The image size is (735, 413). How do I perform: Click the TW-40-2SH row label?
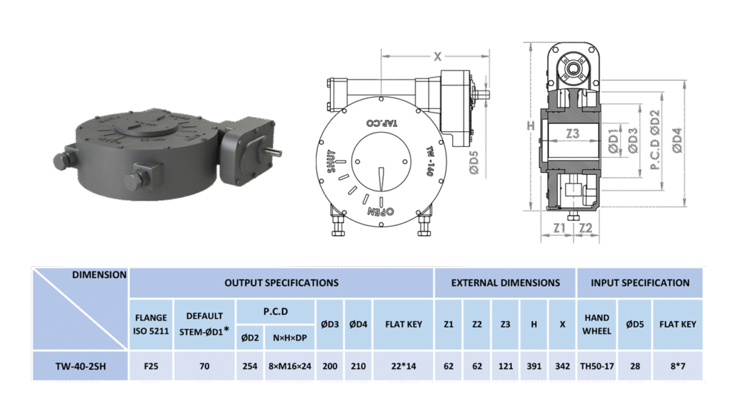[80, 366]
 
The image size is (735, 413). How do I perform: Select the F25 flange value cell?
[151, 366]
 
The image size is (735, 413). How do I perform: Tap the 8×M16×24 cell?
[290, 366]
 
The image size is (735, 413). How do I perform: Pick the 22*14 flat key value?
[403, 366]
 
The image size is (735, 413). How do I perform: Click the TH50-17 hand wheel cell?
[596, 366]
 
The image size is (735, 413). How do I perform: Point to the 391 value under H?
[534, 366]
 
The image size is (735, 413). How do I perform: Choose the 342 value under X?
[563, 366]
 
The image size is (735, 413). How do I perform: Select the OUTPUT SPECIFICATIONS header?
[281, 283]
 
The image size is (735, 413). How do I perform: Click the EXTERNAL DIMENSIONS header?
[505, 283]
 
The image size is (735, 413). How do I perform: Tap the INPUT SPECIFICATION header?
[640, 283]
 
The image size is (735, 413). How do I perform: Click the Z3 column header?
[505, 324]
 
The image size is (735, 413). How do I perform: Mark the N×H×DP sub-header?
[290, 338]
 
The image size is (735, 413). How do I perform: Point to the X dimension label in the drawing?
[437, 57]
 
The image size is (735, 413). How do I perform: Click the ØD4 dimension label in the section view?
[677, 140]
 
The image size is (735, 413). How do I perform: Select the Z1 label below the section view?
[559, 228]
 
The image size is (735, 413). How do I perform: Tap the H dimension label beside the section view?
[530, 125]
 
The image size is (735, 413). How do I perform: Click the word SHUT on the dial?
[332, 161]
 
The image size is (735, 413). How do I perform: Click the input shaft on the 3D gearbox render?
[275, 152]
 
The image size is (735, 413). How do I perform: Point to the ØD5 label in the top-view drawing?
[474, 163]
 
